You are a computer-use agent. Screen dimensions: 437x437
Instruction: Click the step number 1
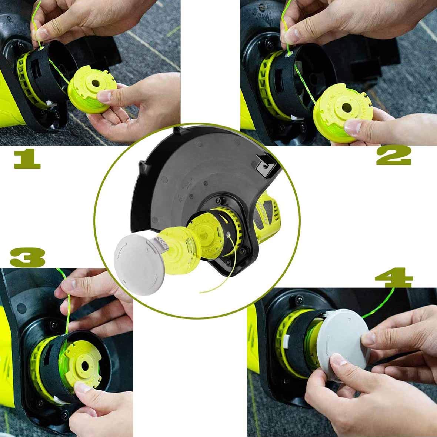point(27,159)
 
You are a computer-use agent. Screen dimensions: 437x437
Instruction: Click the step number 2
point(394,156)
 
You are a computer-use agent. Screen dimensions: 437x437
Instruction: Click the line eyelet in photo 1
point(41,47)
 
